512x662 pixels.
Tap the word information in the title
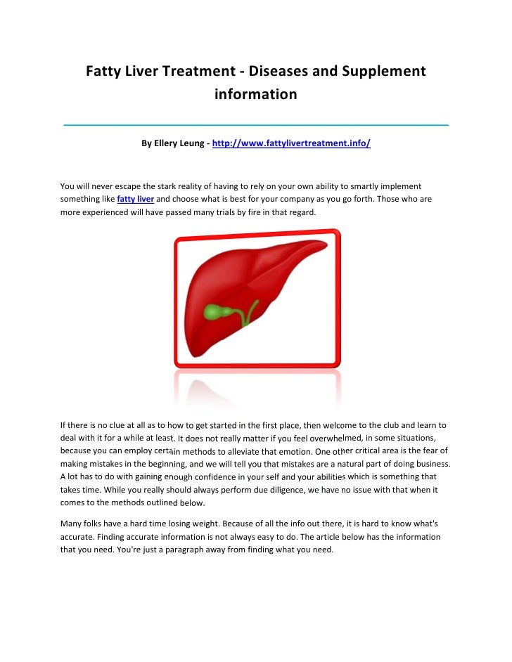[x=256, y=93]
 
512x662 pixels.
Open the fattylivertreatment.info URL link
[x=291, y=143]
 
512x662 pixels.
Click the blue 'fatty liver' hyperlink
[x=136, y=199]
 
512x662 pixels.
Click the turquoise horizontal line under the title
[x=256, y=124]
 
